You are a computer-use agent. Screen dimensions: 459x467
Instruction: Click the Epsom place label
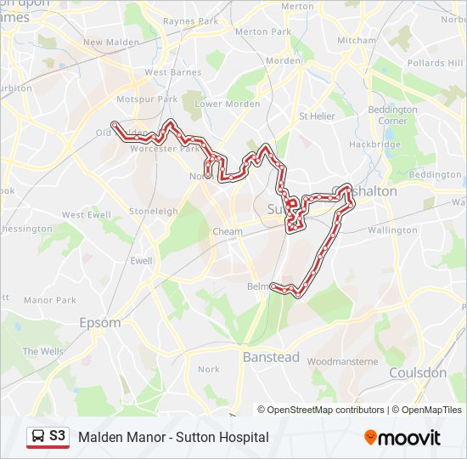(x=99, y=323)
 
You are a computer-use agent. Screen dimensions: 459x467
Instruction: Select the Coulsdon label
(x=417, y=372)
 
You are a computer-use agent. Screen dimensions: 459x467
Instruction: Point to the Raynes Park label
(x=191, y=20)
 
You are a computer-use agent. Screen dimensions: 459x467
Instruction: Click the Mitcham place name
(x=357, y=40)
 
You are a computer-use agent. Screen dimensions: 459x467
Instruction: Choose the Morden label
(x=283, y=60)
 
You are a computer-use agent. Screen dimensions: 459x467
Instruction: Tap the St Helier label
(x=317, y=116)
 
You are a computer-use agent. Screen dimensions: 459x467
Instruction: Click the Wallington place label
(x=392, y=230)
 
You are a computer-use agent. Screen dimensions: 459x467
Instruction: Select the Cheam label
(x=228, y=231)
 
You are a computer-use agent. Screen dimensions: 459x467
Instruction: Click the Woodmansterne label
(x=342, y=361)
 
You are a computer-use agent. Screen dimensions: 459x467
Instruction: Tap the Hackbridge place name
(x=374, y=144)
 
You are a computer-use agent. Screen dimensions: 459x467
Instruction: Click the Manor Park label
(x=49, y=300)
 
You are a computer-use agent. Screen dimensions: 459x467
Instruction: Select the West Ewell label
(x=85, y=215)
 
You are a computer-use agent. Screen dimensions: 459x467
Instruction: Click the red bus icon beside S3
(x=37, y=437)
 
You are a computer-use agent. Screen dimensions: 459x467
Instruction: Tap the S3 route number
(x=57, y=436)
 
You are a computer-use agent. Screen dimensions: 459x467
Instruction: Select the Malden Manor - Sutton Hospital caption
(x=173, y=437)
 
